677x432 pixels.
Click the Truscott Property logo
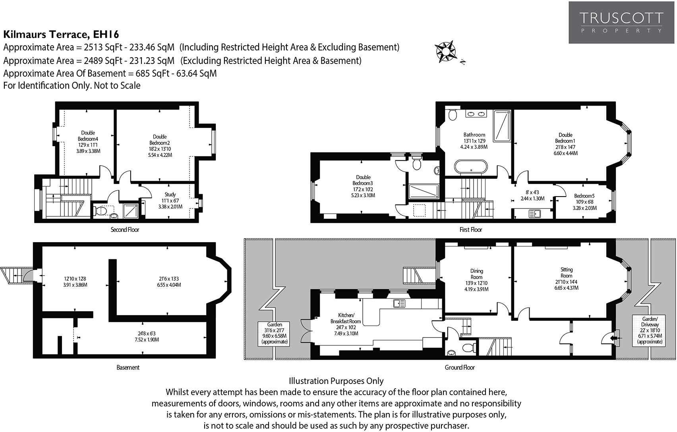click(621, 22)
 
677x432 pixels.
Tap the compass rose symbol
click(445, 51)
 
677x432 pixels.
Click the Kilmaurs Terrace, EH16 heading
click(61, 34)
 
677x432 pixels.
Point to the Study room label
click(170, 201)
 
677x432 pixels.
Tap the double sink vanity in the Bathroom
click(476, 114)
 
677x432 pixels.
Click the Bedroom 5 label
click(584, 202)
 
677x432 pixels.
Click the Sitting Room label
click(566, 279)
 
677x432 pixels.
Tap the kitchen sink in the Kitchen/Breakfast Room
click(399, 304)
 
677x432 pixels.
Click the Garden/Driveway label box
click(650, 330)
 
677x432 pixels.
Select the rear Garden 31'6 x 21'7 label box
click(275, 333)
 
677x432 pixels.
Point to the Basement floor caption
click(128, 368)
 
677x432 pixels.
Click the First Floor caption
click(470, 230)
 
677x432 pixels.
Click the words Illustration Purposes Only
click(336, 381)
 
